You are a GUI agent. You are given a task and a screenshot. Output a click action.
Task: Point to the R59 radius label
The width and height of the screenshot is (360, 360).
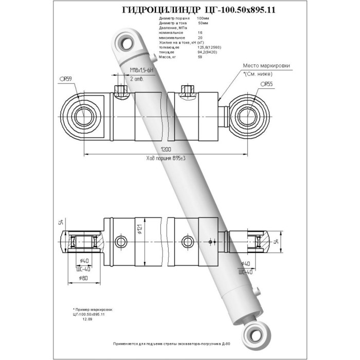[65, 79]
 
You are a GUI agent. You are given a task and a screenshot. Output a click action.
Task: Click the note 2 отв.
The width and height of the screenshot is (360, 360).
[136, 79]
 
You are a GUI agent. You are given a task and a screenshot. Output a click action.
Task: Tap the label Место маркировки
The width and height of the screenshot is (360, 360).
[266, 66]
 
